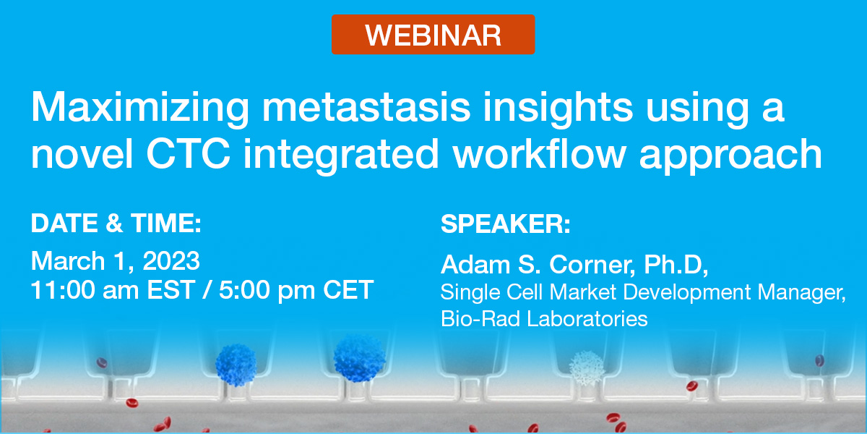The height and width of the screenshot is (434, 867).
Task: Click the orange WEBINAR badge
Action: (x=433, y=34)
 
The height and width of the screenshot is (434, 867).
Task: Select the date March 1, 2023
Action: (x=115, y=260)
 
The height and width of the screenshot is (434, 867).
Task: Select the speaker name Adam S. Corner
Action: (x=536, y=265)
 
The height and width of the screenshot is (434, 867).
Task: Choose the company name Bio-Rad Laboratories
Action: (x=544, y=318)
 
